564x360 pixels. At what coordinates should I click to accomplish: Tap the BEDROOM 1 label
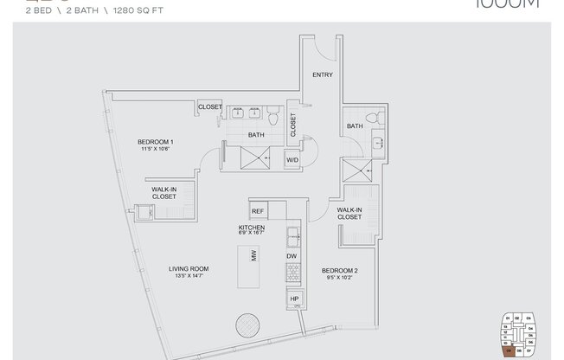[x=156, y=142]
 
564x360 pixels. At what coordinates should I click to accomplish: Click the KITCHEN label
[x=252, y=227]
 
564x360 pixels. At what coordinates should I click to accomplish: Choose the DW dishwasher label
[x=292, y=257]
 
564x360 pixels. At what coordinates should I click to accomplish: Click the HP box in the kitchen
[x=294, y=299]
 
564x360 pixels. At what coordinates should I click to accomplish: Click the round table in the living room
[x=247, y=327]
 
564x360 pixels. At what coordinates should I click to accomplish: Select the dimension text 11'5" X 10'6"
[x=156, y=149]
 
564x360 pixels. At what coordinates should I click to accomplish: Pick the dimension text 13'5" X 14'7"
[x=189, y=277]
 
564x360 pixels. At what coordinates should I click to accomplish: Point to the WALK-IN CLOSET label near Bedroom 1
[x=164, y=192]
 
